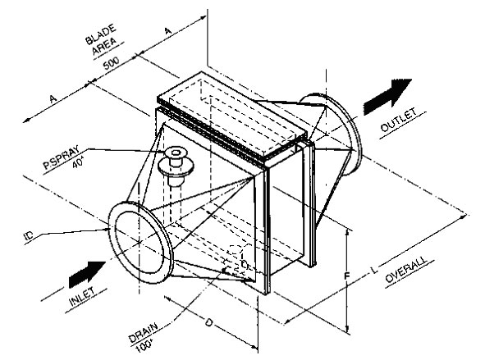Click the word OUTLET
point(399,120)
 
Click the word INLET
point(82,296)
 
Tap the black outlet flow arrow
point(387,96)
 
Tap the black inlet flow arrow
point(87,274)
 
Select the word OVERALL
point(406,270)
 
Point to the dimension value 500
point(111,63)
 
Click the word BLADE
point(101,34)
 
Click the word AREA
point(105,47)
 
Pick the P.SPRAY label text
point(61,157)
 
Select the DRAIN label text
point(143,332)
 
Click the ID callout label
point(29,236)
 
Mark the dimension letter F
point(347,276)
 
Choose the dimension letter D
point(209,323)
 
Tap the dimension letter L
point(374,270)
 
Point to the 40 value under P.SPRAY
point(78,163)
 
